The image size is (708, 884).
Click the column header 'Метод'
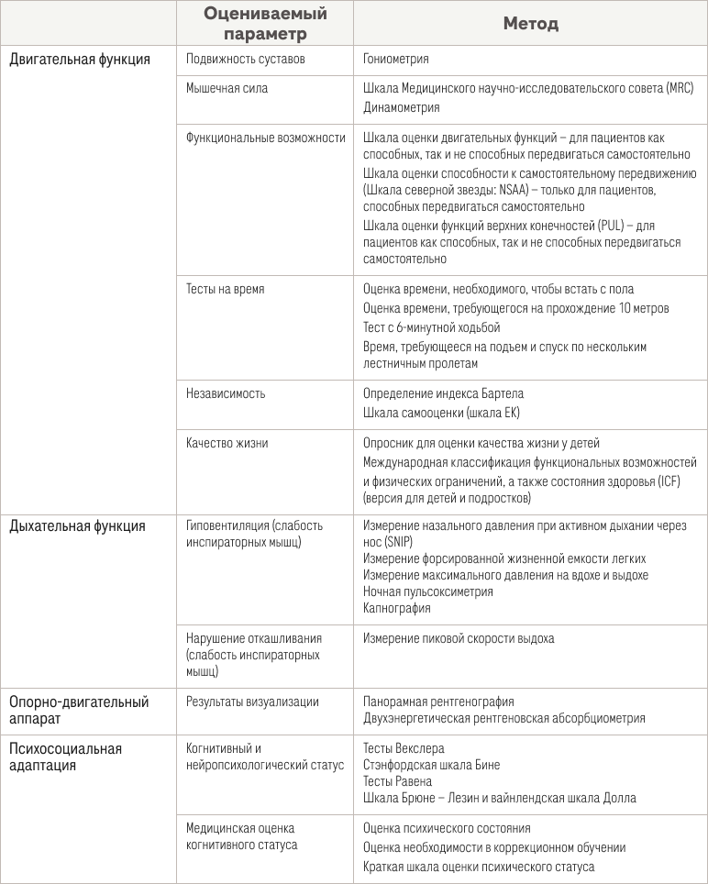[x=530, y=24]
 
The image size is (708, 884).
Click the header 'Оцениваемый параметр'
[x=264, y=24]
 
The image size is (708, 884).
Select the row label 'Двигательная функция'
[x=80, y=59]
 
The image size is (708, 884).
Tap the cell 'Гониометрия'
[x=395, y=59]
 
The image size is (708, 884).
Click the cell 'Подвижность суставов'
[x=245, y=59]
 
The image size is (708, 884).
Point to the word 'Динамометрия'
[x=401, y=106]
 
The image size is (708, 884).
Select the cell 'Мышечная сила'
[x=227, y=88]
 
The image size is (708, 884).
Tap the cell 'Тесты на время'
[x=225, y=289]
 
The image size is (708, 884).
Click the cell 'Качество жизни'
[x=227, y=443]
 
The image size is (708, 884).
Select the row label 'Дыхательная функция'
[x=77, y=526]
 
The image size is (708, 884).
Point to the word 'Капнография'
[x=396, y=608]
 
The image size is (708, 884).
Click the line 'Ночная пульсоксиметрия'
[x=427, y=591]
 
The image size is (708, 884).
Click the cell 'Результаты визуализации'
[x=252, y=702]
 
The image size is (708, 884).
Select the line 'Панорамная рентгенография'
[x=438, y=702]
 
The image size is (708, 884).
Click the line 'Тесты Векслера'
[x=404, y=749]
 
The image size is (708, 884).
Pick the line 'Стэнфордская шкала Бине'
[x=431, y=765]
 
